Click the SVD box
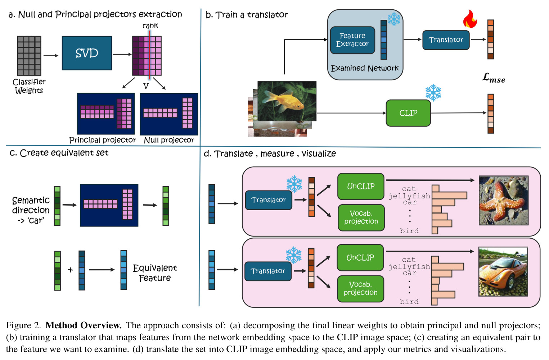coord(87,53)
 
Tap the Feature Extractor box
coord(352,40)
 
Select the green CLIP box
coord(408,113)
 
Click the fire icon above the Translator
coord(470,19)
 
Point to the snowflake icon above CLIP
coord(433,93)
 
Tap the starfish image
coord(504,200)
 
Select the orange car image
coord(503,271)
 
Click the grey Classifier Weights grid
coord(29,56)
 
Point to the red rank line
coord(149,55)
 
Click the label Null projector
coord(169,140)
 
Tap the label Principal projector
coord(103,140)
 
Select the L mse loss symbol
coord(494,78)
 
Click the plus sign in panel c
coord(71,270)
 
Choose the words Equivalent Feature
coord(155,273)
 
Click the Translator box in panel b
coord(446,40)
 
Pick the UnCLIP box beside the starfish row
coord(361,186)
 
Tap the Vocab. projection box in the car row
coord(360,289)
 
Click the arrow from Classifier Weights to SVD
coord(51,56)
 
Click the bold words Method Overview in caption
coord(84,325)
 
